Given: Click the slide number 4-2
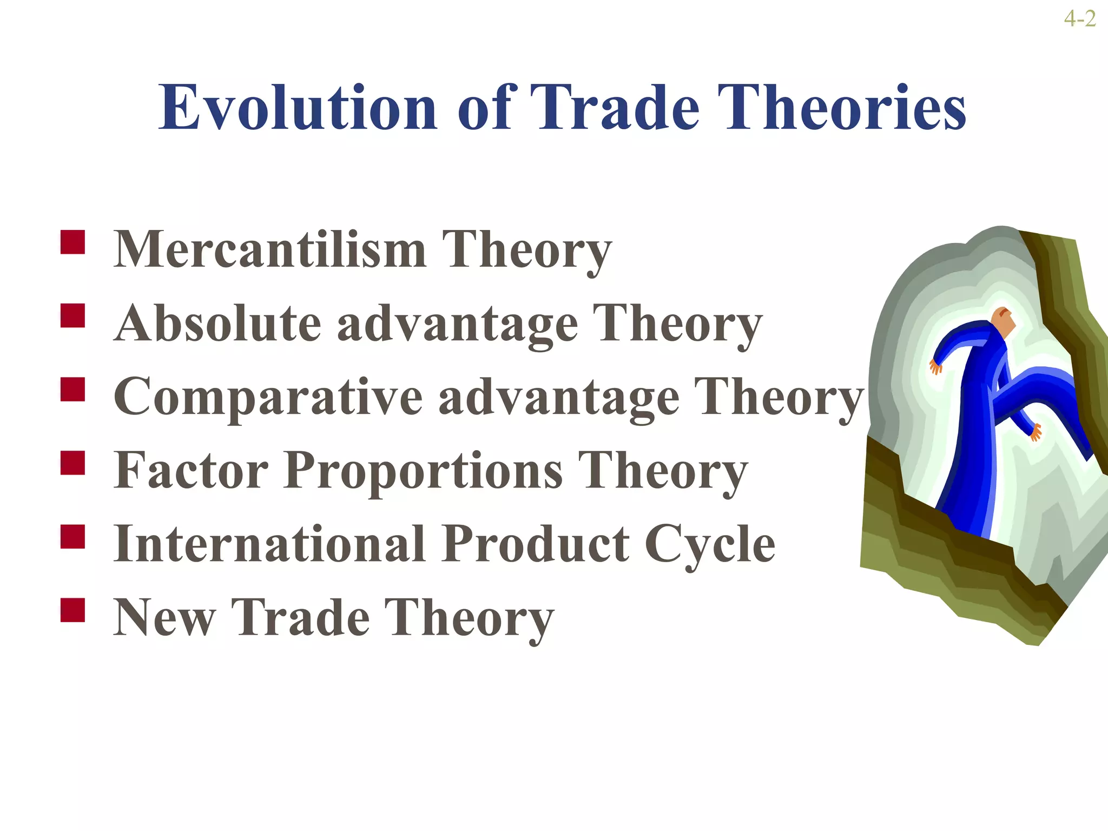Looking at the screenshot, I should click(1079, 19).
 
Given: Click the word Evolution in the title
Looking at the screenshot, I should click(298, 108).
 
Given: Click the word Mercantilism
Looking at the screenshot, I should click(270, 250).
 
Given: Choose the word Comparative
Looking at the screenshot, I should click(268, 397).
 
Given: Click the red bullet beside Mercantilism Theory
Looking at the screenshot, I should click(72, 242).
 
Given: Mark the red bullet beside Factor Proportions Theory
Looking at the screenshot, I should click(72, 463).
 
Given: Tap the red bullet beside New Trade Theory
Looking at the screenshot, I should click(72, 610).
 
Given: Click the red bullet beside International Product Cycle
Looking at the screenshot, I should click(72, 537).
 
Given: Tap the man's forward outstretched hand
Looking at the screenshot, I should click(1035, 432).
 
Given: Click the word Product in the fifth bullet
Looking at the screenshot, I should click(535, 544).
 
